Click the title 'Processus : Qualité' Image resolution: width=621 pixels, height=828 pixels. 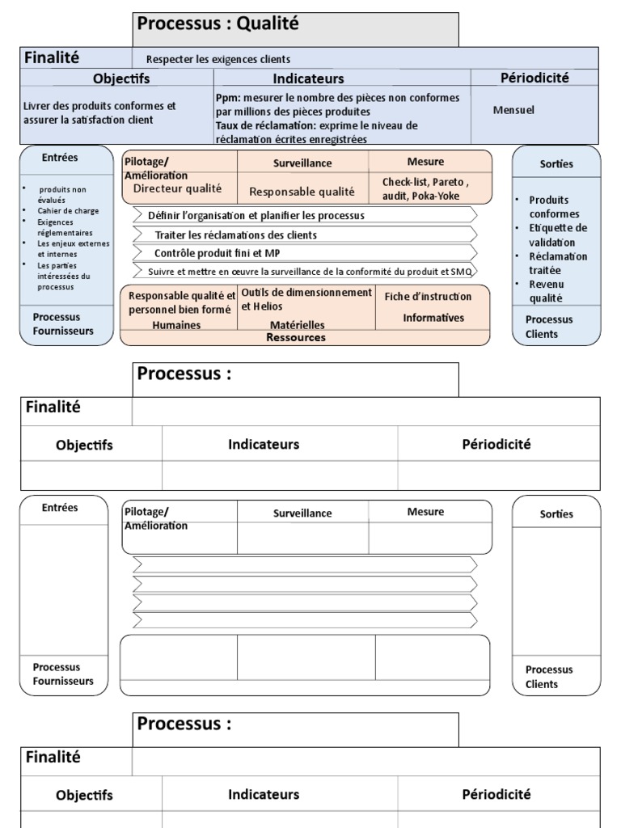218,24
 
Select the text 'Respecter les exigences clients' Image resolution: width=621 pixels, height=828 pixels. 218,59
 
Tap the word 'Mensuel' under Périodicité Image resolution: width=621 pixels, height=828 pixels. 513,110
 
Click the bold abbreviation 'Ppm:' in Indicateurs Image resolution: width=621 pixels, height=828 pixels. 227,98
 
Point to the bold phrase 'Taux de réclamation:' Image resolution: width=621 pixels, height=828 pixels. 266,125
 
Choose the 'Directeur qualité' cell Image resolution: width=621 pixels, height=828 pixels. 177,189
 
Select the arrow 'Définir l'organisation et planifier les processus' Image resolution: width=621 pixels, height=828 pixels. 256,216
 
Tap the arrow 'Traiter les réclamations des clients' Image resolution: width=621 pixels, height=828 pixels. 235,234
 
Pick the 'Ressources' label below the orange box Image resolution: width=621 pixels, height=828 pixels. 296,337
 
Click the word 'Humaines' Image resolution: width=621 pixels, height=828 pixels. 176,324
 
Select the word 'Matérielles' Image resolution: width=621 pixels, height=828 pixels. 298,324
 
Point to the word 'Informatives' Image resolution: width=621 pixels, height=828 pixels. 433,318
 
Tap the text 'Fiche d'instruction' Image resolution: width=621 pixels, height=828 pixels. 428,297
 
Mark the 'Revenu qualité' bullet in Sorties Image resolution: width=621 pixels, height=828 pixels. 547,291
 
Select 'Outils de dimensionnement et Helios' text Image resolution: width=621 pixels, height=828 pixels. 306,299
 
